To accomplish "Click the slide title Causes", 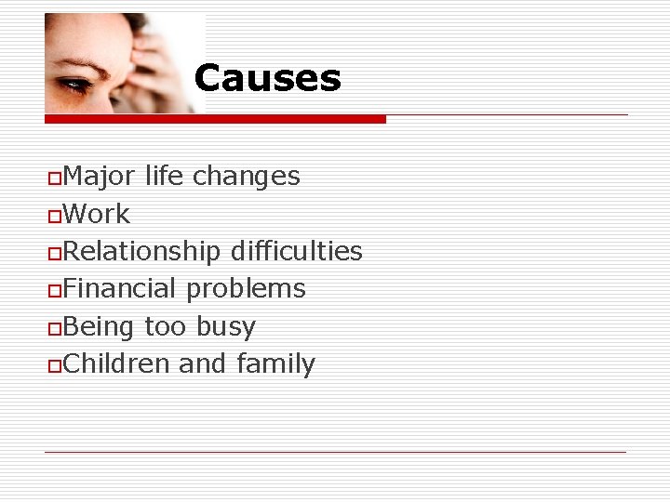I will (x=267, y=78).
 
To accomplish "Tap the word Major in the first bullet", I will (x=99, y=176).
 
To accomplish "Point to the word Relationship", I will (x=141, y=251).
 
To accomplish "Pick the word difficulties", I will (x=296, y=251).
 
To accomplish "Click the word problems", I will (x=246, y=290).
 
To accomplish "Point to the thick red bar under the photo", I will (x=215, y=119).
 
